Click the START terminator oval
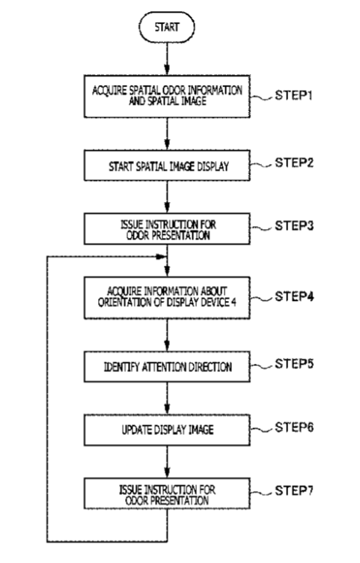click(167, 27)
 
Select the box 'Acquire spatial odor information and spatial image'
click(167, 97)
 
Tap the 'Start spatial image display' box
click(167, 165)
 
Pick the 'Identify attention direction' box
click(167, 367)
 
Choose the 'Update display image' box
click(167, 430)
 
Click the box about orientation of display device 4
click(167, 298)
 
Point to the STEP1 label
click(294, 96)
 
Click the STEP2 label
click(294, 162)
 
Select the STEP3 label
click(294, 226)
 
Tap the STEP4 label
click(294, 296)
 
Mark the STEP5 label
click(294, 364)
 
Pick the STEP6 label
click(294, 427)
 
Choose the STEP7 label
click(294, 490)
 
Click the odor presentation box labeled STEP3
click(167, 229)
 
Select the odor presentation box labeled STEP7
click(167, 493)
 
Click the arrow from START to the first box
click(167, 59)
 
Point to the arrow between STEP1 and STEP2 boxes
click(167, 134)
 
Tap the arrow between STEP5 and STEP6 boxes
click(167, 398)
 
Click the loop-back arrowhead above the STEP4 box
click(162, 257)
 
